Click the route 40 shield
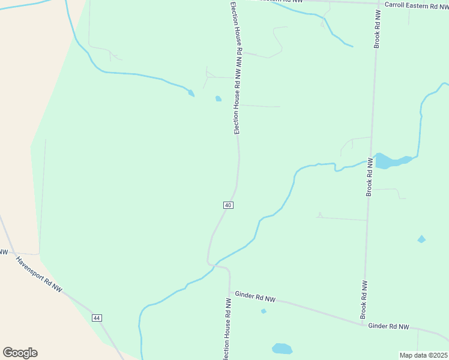point(228,205)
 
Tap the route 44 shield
point(97,317)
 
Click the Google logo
point(20,353)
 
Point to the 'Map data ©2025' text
point(423,355)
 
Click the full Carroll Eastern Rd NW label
point(416,5)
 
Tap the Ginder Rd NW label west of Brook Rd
point(255,296)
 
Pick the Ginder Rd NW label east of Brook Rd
point(388,326)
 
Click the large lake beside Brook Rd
point(389,161)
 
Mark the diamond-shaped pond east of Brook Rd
point(421,239)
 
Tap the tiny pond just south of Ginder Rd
point(264,311)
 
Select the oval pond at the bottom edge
point(282,349)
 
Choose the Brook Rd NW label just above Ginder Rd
point(363,299)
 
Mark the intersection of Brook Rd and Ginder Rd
point(363,324)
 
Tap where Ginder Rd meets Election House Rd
point(229,292)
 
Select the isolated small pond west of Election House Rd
point(218,99)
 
